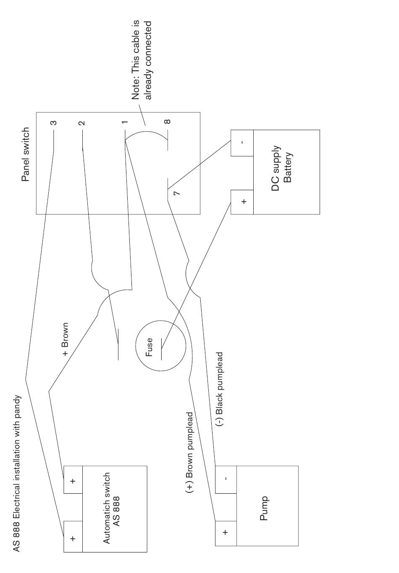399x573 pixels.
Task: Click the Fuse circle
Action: (x=160, y=346)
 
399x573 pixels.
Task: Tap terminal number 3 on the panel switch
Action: (x=53, y=123)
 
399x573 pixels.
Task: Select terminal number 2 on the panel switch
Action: (x=82, y=123)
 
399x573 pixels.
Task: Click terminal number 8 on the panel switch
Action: (x=167, y=122)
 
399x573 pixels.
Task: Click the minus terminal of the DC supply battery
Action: (x=242, y=143)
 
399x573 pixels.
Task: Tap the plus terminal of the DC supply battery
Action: (x=242, y=201)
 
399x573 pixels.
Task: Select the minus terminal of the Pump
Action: (x=226, y=479)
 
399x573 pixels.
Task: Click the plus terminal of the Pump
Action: (x=226, y=533)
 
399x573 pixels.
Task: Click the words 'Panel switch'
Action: (x=26, y=154)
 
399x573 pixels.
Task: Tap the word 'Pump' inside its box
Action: (x=264, y=508)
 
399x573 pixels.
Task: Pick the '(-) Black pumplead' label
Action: (x=220, y=389)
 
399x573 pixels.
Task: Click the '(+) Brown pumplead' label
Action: (x=189, y=452)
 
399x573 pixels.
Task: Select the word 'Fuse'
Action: (x=150, y=347)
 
